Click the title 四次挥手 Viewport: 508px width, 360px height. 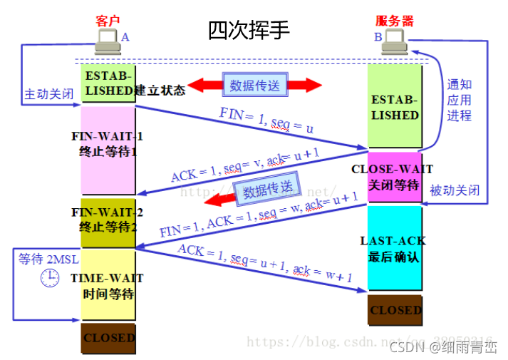(x=249, y=30)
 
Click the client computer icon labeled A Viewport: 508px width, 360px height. (x=108, y=41)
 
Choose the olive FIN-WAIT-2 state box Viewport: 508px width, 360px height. (x=108, y=221)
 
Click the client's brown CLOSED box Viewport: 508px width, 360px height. (x=108, y=337)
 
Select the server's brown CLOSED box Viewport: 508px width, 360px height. (x=395, y=310)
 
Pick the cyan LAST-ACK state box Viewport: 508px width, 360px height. (x=395, y=248)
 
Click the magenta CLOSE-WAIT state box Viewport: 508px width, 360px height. (x=395, y=176)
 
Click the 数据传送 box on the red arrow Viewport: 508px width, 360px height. (x=254, y=86)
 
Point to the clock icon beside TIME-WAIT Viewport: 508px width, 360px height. (x=49, y=278)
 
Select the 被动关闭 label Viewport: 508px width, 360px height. (x=455, y=191)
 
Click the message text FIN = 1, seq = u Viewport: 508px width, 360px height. (x=266, y=123)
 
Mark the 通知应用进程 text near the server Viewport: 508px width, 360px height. (x=460, y=100)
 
